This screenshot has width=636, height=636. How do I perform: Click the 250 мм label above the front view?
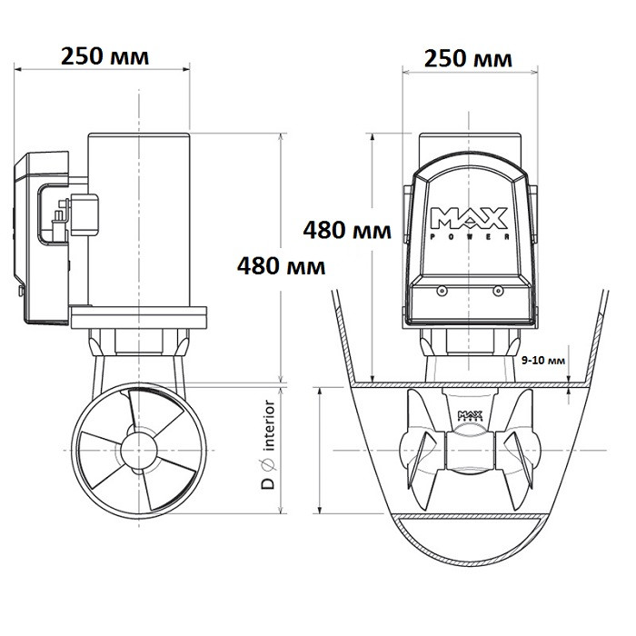click(x=469, y=59)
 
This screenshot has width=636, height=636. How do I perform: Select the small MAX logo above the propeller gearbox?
click(x=470, y=417)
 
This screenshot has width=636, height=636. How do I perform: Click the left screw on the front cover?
click(x=440, y=292)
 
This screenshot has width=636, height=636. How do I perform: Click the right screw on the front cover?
click(x=497, y=292)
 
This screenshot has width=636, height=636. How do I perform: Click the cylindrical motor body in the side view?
click(x=138, y=218)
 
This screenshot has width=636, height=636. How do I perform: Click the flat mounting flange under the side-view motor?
click(x=138, y=320)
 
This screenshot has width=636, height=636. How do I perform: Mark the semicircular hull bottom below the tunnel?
click(x=470, y=545)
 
